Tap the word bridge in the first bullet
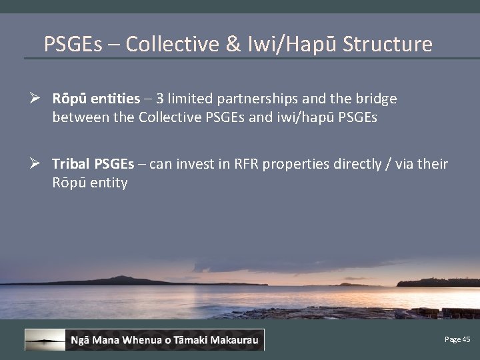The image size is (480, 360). (x=376, y=99)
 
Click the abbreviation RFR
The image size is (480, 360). (x=244, y=164)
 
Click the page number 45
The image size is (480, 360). (x=465, y=340)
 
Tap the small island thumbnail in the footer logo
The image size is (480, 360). (x=45, y=340)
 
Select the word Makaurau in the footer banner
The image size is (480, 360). (x=233, y=341)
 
